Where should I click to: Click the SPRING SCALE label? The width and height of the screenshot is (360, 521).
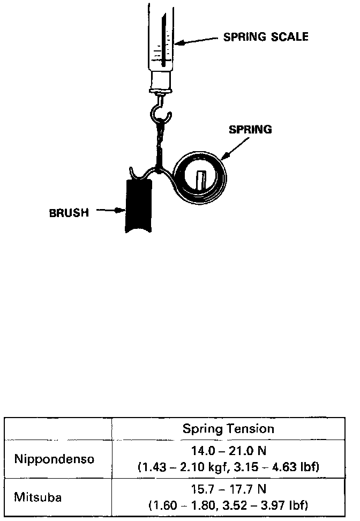(x=265, y=37)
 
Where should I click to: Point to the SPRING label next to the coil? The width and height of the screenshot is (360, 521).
(x=250, y=129)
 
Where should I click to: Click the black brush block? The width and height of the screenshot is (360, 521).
(x=139, y=206)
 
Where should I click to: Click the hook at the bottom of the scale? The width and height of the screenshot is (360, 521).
(x=161, y=110)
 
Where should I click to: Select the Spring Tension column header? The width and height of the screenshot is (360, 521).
(x=228, y=429)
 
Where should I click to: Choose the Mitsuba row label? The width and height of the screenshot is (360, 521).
(x=39, y=497)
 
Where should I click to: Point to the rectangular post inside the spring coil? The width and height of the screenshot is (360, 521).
(x=201, y=180)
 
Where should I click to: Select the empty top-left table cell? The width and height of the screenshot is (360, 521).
(x=58, y=429)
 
